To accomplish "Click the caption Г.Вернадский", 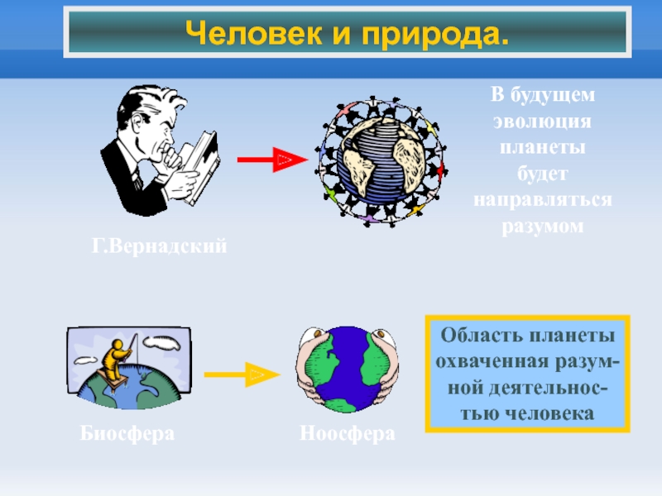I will tap(158, 246).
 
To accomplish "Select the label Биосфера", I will tap(127, 434).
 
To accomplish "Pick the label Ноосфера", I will tap(347, 434).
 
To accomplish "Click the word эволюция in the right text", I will tap(543, 121).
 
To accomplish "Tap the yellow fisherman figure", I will tap(112, 364).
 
